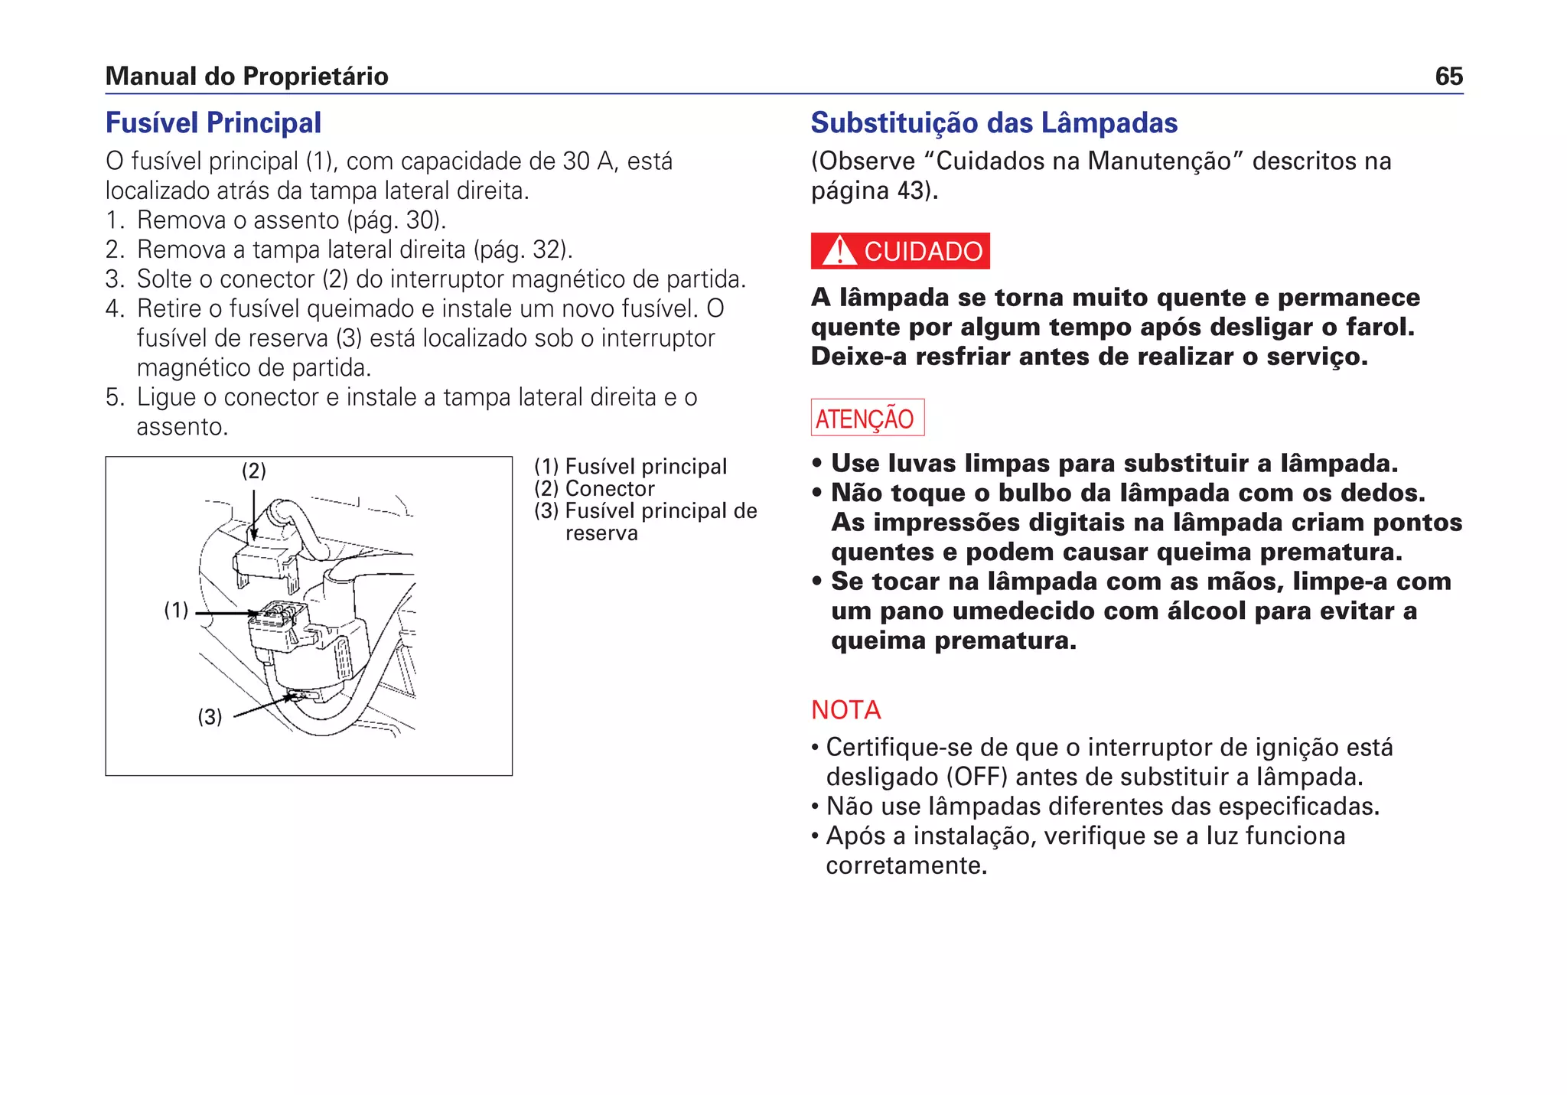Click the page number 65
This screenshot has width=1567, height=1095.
pos(1448,77)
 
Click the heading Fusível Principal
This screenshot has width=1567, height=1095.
pos(213,123)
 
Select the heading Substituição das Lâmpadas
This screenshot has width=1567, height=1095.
pos(993,123)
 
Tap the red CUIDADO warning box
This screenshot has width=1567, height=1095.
pos(900,251)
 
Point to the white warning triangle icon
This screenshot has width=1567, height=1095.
pos(839,251)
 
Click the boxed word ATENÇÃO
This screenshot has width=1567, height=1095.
pos(867,418)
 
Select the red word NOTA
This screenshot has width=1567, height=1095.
pos(845,710)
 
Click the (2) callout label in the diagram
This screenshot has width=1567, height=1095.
pos(254,471)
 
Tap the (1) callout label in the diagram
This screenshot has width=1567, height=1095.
pos(176,610)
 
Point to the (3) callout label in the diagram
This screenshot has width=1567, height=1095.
pos(210,717)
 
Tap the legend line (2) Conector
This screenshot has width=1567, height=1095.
pos(594,489)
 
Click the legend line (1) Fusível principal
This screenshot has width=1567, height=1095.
pos(630,467)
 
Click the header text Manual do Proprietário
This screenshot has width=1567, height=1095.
pos(246,77)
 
